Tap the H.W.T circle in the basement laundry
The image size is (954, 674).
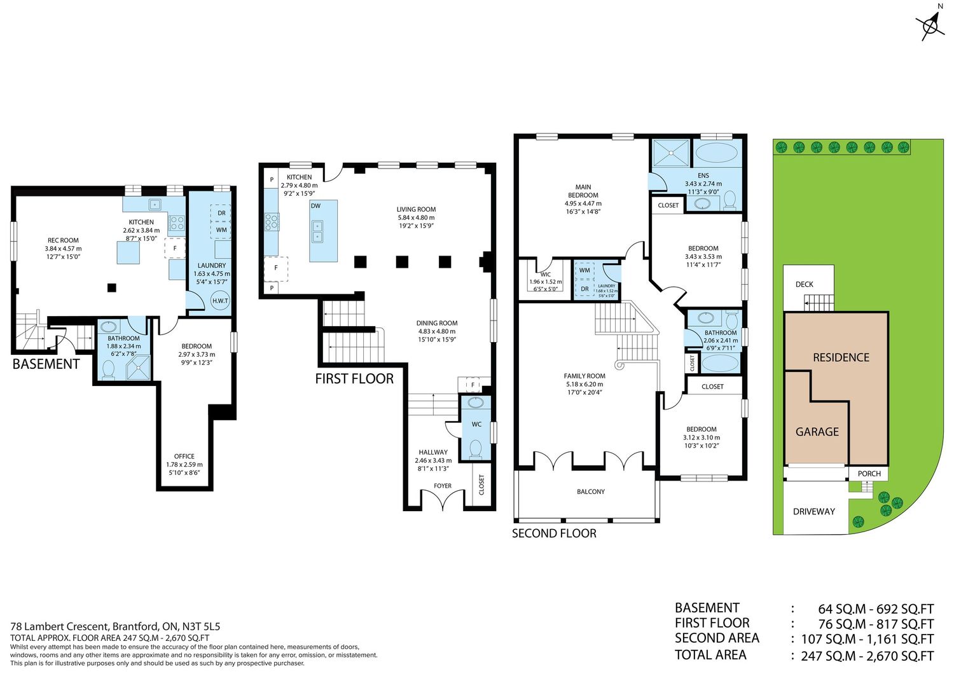click(220, 301)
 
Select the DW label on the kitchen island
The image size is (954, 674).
click(315, 205)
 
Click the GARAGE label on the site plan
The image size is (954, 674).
click(817, 432)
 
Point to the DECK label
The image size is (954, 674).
click(804, 284)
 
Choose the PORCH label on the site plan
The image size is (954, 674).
click(869, 474)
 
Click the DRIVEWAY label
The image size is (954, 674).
click(814, 511)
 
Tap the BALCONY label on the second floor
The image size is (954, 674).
click(591, 492)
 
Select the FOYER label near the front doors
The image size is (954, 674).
click(443, 485)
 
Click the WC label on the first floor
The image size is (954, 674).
click(476, 424)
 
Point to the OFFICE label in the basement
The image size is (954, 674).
click(184, 456)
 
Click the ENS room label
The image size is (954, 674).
click(703, 175)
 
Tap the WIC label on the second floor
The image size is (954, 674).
click(546, 274)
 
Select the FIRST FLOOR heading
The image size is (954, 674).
click(354, 378)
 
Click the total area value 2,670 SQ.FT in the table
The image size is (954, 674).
click(900, 656)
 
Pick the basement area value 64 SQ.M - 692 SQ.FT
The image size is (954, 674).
click(876, 609)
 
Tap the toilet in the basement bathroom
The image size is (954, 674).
click(109, 369)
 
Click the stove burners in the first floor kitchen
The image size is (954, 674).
click(272, 221)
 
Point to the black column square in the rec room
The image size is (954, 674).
click(111, 287)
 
